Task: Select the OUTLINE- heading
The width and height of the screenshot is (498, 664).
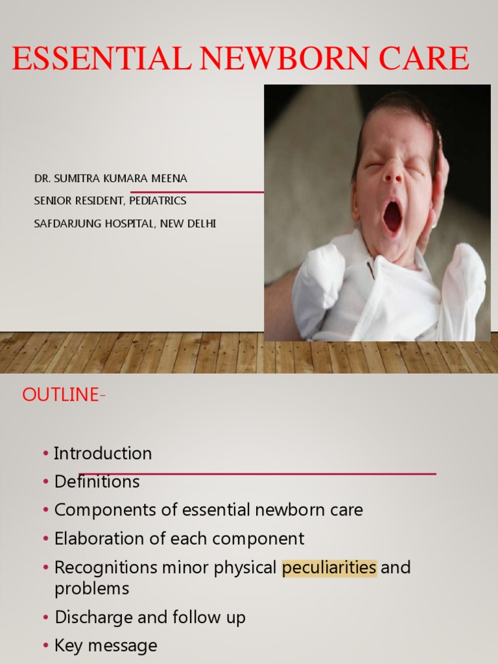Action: click(x=64, y=396)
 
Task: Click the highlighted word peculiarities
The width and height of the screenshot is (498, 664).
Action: click(x=329, y=567)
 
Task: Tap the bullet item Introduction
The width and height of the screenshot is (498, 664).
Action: click(x=102, y=453)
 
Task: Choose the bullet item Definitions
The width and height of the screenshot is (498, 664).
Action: click(x=97, y=482)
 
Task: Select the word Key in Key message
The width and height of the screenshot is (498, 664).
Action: click(x=68, y=646)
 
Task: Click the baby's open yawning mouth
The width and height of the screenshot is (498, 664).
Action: click(x=392, y=217)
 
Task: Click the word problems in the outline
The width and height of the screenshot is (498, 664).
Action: click(x=91, y=589)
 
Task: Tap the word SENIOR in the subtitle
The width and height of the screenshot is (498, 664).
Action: click(x=51, y=201)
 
